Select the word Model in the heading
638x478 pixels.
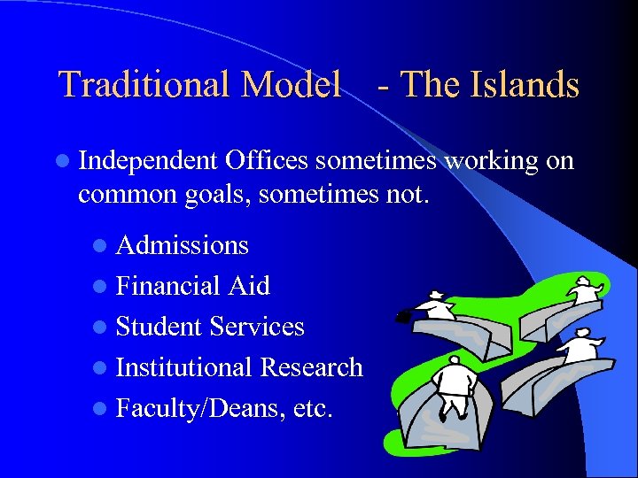pos(291,85)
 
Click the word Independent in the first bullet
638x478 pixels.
pos(148,161)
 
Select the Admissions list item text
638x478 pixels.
pos(182,244)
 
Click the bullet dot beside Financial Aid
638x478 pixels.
pos(105,287)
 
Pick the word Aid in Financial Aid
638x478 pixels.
pos(249,285)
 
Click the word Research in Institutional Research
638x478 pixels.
pos(310,366)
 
